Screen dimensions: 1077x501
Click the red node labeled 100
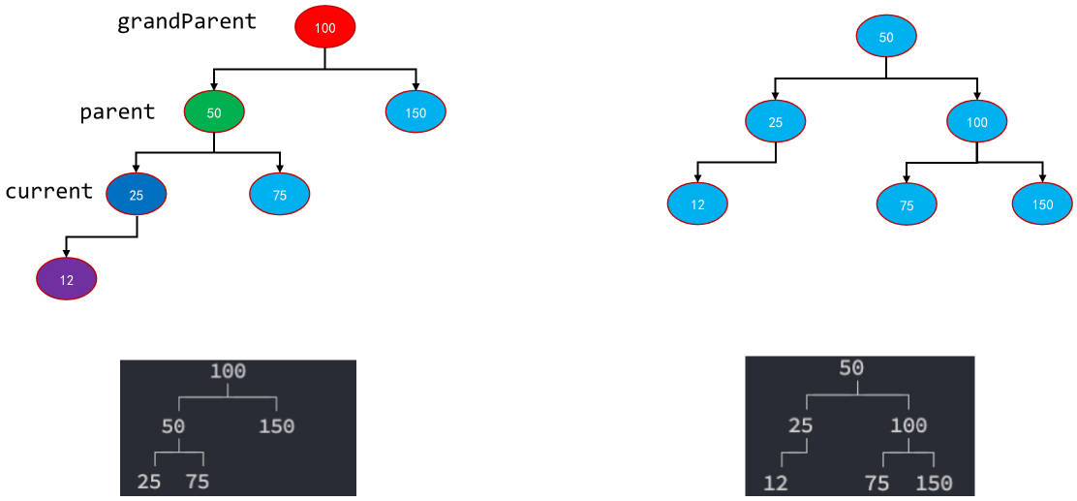[x=324, y=27]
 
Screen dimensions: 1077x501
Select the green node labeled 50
[x=214, y=112]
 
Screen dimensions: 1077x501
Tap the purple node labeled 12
[x=67, y=279]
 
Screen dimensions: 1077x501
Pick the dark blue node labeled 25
[x=136, y=195]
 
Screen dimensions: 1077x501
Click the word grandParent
[x=187, y=21]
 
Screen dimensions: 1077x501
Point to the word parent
[x=117, y=112]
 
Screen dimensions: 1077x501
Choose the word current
[x=48, y=191]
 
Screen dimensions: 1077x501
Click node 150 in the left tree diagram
[x=415, y=111]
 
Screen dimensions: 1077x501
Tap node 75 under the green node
[x=280, y=195]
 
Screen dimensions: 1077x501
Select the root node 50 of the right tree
[x=886, y=37]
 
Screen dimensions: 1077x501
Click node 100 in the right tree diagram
[x=976, y=122]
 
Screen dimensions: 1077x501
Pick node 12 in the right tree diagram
[x=697, y=204]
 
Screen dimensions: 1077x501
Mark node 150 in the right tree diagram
[x=1042, y=204]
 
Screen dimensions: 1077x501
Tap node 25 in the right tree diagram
[x=776, y=122]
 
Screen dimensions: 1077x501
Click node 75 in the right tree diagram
[x=907, y=204]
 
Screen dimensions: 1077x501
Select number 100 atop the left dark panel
[x=228, y=372]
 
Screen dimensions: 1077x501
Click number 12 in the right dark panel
[x=776, y=484]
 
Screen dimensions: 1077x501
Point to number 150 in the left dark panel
[x=277, y=426]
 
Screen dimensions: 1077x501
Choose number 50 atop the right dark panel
[x=851, y=368]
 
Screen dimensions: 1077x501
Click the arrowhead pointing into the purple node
[x=67, y=254]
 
